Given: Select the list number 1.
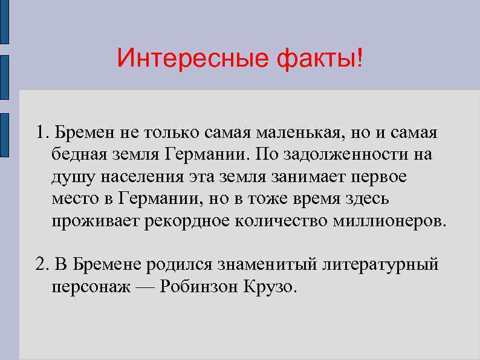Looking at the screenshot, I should [39, 132].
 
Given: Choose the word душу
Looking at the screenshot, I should [69, 177].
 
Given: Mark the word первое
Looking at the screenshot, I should [378, 177].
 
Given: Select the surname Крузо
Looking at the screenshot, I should [271, 286].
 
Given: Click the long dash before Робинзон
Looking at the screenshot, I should [145, 286].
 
